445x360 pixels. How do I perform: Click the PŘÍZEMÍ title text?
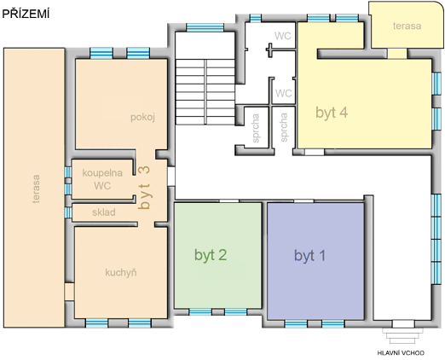tap(26, 14)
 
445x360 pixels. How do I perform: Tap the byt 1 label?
tap(309, 255)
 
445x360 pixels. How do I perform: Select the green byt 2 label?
tap(211, 255)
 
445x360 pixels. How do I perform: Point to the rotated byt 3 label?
tap(144, 188)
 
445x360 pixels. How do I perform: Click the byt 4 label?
tap(332, 113)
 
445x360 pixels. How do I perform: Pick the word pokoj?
tap(142, 117)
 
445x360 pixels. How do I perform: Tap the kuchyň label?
tap(121, 272)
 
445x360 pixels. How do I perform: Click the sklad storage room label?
tap(104, 212)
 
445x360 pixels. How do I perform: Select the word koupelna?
tap(102, 173)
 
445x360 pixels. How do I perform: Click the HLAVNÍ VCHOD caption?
tap(401, 353)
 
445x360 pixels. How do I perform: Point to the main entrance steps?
tap(402, 336)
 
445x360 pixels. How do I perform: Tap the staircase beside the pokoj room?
tap(205, 91)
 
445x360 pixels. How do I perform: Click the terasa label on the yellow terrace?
tap(407, 26)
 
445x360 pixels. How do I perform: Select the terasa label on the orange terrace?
tap(36, 189)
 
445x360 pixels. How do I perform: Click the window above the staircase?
tap(205, 27)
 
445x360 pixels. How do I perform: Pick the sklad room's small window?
tap(68, 212)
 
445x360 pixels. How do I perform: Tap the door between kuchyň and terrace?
tap(69, 292)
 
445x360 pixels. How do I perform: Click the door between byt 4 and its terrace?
tap(397, 54)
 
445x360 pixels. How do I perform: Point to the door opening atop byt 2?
tap(229, 201)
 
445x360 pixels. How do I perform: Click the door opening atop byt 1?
tap(303, 201)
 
